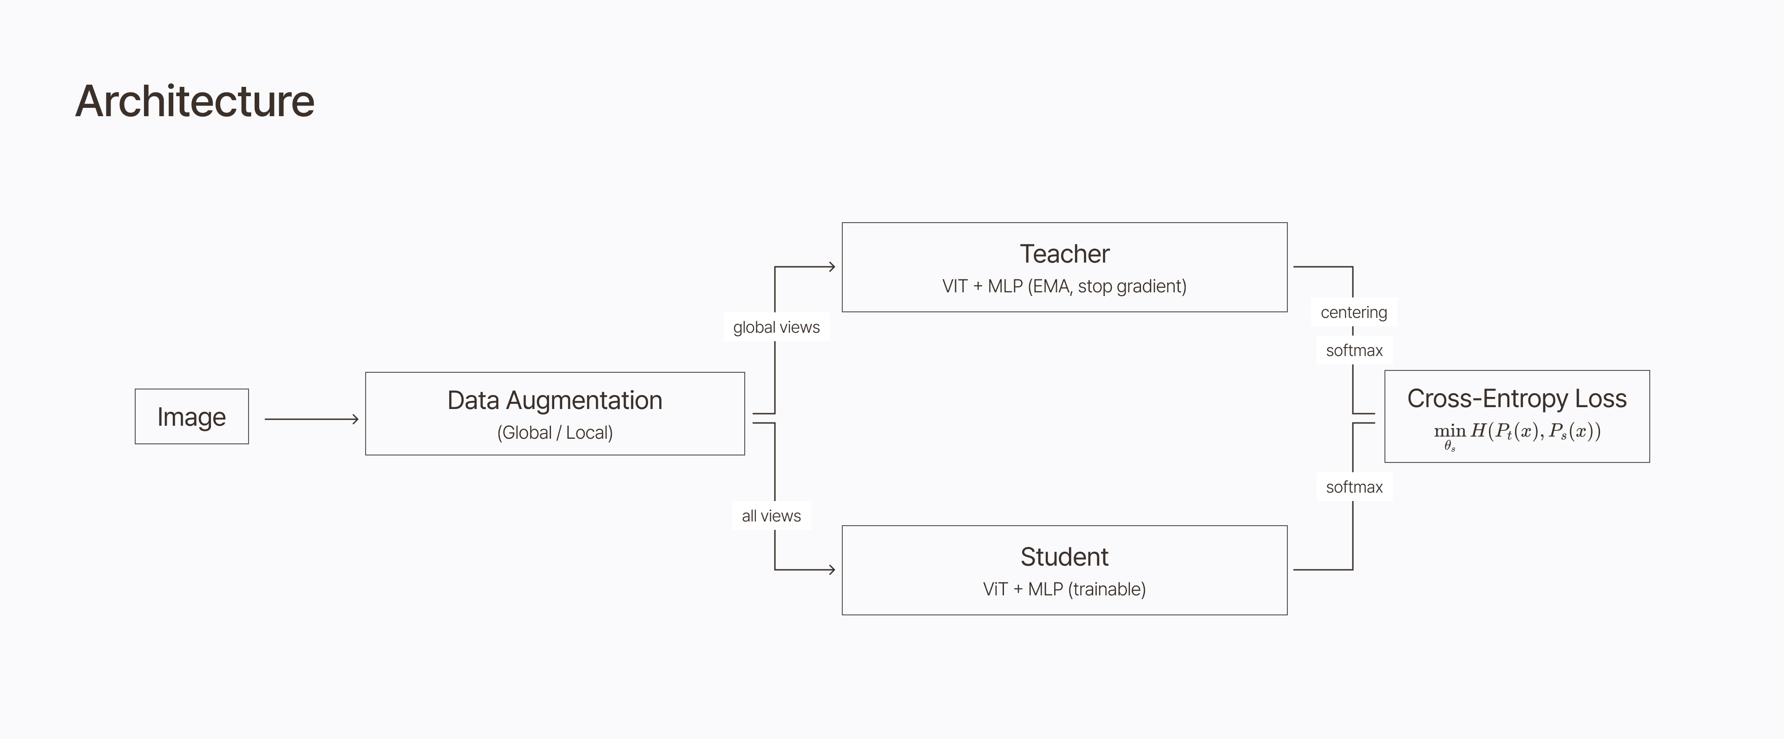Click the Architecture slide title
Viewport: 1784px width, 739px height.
pos(195,101)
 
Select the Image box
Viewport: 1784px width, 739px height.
pos(192,416)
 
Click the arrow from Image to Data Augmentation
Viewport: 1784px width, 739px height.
pos(312,419)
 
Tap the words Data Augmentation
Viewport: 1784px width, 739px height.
pos(555,400)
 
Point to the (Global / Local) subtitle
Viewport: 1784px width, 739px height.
pos(555,433)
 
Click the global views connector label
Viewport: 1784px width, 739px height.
pos(776,327)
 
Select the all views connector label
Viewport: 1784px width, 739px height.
pos(771,516)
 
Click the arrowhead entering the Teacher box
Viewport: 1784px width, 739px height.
pos(832,267)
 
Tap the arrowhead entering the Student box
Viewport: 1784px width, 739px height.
pos(832,570)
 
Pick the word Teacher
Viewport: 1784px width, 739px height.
pos(1064,254)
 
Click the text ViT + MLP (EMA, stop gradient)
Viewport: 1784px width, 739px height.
pos(1064,286)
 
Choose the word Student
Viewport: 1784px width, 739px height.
pos(1064,557)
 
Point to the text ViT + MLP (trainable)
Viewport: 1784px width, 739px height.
pos(1064,589)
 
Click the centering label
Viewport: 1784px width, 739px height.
pos(1354,312)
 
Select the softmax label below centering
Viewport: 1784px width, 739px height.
pos(1354,350)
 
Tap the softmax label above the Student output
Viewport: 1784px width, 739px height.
pos(1354,487)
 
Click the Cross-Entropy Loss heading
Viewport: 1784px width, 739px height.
pos(1517,399)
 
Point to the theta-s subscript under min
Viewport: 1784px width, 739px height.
pos(1449,447)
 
